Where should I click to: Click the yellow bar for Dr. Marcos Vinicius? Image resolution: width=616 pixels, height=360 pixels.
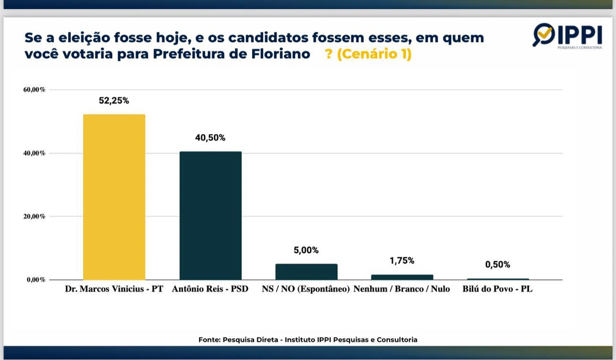(x=114, y=197)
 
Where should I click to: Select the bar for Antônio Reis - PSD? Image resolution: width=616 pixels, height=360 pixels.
(x=210, y=215)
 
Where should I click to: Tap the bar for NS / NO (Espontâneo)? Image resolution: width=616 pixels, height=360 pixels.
(x=306, y=272)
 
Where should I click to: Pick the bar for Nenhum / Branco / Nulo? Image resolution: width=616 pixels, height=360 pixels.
(x=402, y=277)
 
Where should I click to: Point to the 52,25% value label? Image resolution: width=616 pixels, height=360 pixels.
(x=114, y=101)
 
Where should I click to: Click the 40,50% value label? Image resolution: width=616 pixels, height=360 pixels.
(x=210, y=138)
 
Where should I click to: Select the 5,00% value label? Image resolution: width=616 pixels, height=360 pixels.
(x=306, y=251)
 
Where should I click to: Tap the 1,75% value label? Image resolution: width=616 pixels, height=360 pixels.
(x=402, y=261)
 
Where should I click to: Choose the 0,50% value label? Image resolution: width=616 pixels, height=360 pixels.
(x=498, y=265)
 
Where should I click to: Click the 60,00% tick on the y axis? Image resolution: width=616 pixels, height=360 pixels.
(x=34, y=90)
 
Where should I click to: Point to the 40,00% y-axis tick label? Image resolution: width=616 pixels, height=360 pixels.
(x=34, y=153)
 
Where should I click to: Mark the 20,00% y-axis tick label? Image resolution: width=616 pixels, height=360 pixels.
(x=34, y=216)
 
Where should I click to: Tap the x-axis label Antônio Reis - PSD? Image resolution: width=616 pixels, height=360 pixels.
(x=211, y=289)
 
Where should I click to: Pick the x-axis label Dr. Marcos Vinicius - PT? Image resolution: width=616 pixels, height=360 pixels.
(x=114, y=289)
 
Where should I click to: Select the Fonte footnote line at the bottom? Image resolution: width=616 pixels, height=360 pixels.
(x=308, y=339)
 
